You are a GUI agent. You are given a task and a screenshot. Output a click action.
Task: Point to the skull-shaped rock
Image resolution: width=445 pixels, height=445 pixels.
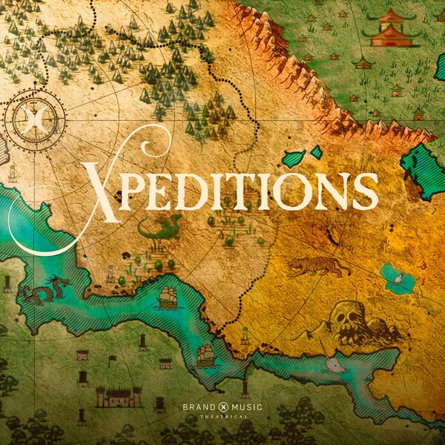click(x=348, y=319)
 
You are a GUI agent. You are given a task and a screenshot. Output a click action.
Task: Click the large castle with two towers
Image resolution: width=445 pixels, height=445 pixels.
click(x=118, y=397)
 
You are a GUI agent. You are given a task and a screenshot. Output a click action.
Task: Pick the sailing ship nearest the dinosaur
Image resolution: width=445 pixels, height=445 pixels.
click(x=168, y=297)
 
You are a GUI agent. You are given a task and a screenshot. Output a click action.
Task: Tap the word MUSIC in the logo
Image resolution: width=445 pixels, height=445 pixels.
click(x=248, y=407)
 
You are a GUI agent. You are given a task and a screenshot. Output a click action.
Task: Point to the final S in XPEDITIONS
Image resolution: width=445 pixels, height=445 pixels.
click(x=365, y=191)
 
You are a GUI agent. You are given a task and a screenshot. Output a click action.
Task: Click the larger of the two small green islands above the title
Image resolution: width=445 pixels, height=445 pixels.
click(x=294, y=158)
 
